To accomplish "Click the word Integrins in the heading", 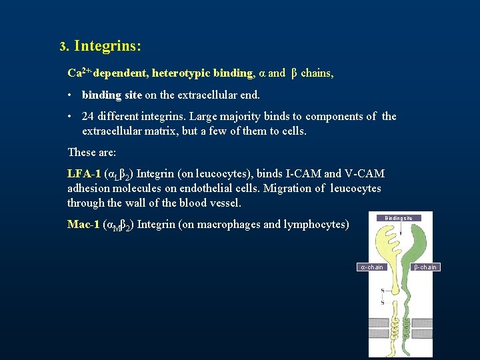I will coord(107,47).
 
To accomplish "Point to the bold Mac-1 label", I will coord(84,225).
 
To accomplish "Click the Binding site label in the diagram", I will coord(399,218).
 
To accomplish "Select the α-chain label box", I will coord(372,267).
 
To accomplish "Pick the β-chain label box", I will coord(425,267).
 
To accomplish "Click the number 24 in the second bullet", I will coord(88,117).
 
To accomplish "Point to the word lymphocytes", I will coord(316,225).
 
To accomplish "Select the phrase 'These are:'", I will coord(92,153).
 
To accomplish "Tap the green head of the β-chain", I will coord(407,240).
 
